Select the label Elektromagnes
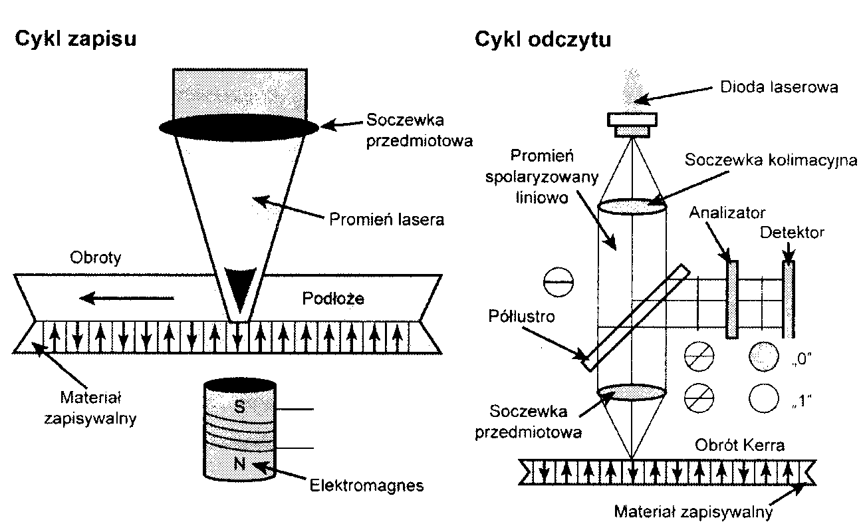tap(367, 485)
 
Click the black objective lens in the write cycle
tap(239, 129)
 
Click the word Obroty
tap(96, 258)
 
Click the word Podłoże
tap(333, 299)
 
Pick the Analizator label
tap(727, 213)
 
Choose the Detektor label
tap(791, 232)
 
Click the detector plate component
tap(789, 299)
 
